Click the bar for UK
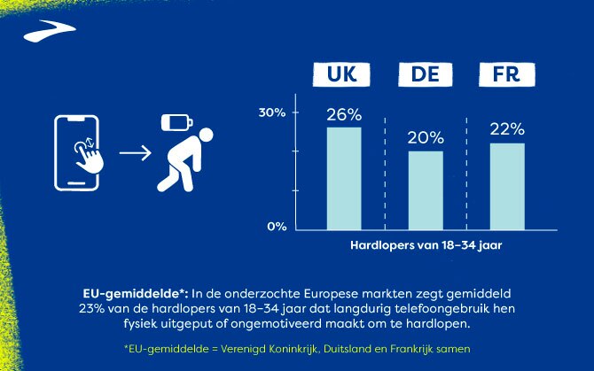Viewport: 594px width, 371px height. click(343, 177)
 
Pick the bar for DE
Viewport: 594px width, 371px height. click(425, 189)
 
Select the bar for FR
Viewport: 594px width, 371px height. click(506, 184)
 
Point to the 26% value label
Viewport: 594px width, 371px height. click(343, 115)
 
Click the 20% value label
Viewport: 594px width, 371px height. click(425, 138)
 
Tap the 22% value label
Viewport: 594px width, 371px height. click(506, 130)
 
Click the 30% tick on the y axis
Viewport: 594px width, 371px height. click(271, 112)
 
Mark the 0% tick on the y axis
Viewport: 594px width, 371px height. click(275, 227)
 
